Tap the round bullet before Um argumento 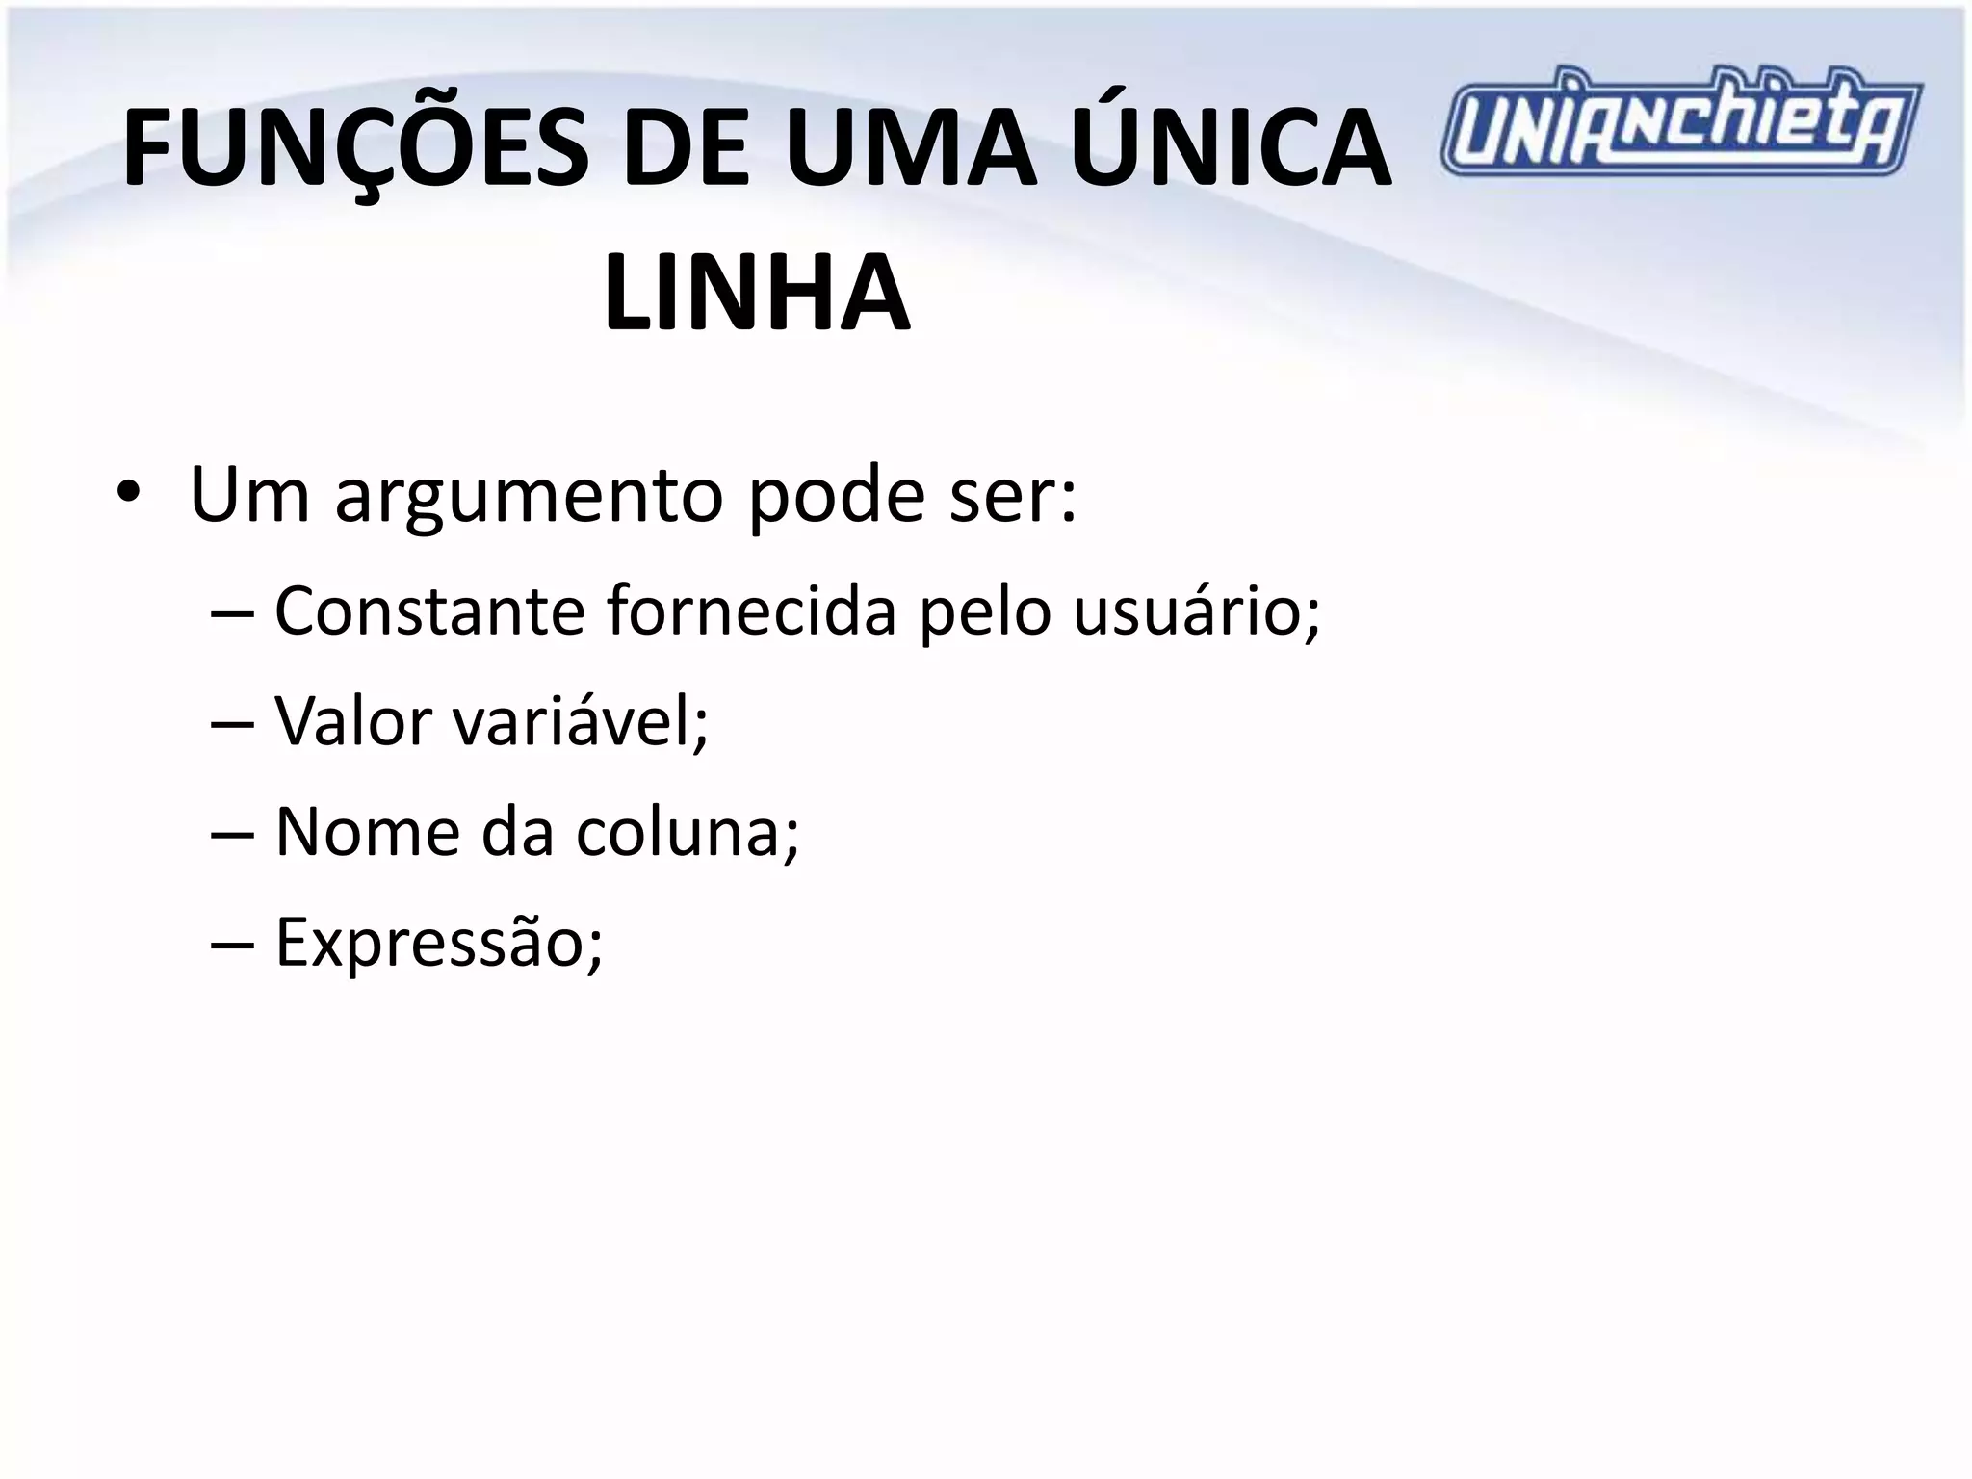pos(127,494)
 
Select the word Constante pos(429,610)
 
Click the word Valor pos(353,720)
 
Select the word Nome pos(367,831)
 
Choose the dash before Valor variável pos(232,722)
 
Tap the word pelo pos(984,612)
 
